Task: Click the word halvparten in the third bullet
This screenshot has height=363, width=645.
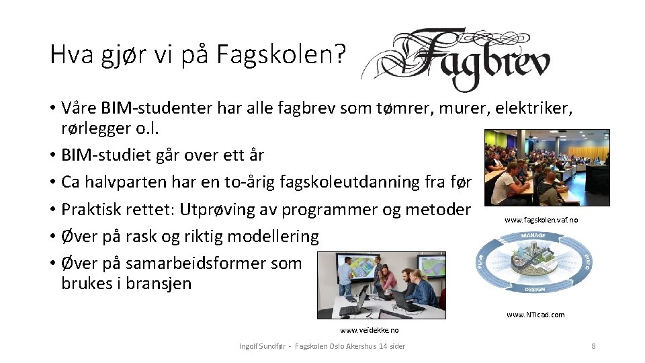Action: pos(124,182)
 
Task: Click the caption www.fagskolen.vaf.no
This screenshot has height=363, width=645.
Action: pos(541,220)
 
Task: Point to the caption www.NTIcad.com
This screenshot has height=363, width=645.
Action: pos(535,315)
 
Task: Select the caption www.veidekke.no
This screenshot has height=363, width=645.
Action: pos(369,330)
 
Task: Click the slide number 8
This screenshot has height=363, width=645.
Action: pos(593,346)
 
